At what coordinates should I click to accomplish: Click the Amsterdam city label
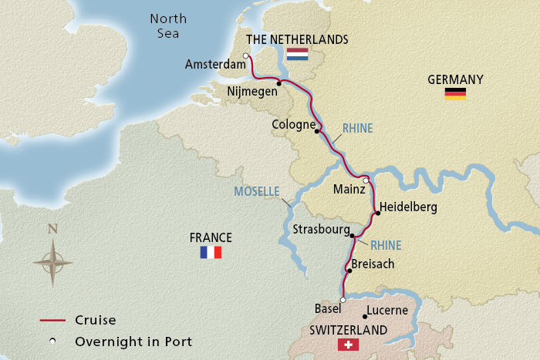point(215,66)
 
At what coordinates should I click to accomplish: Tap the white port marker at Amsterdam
point(245,56)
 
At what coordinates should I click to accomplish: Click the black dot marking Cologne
point(317,131)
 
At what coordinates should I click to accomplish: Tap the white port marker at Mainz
point(366,180)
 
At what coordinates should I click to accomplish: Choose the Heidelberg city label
point(409,207)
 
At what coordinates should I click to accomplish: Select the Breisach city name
point(373,264)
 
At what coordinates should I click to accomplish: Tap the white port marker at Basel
point(343,300)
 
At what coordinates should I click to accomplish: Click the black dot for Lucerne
point(364,316)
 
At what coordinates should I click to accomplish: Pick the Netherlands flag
point(297,55)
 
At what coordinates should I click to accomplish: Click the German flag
point(455,94)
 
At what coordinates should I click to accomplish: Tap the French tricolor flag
point(211,252)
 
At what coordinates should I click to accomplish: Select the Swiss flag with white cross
point(349,345)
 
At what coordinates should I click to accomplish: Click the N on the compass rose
point(52,228)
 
